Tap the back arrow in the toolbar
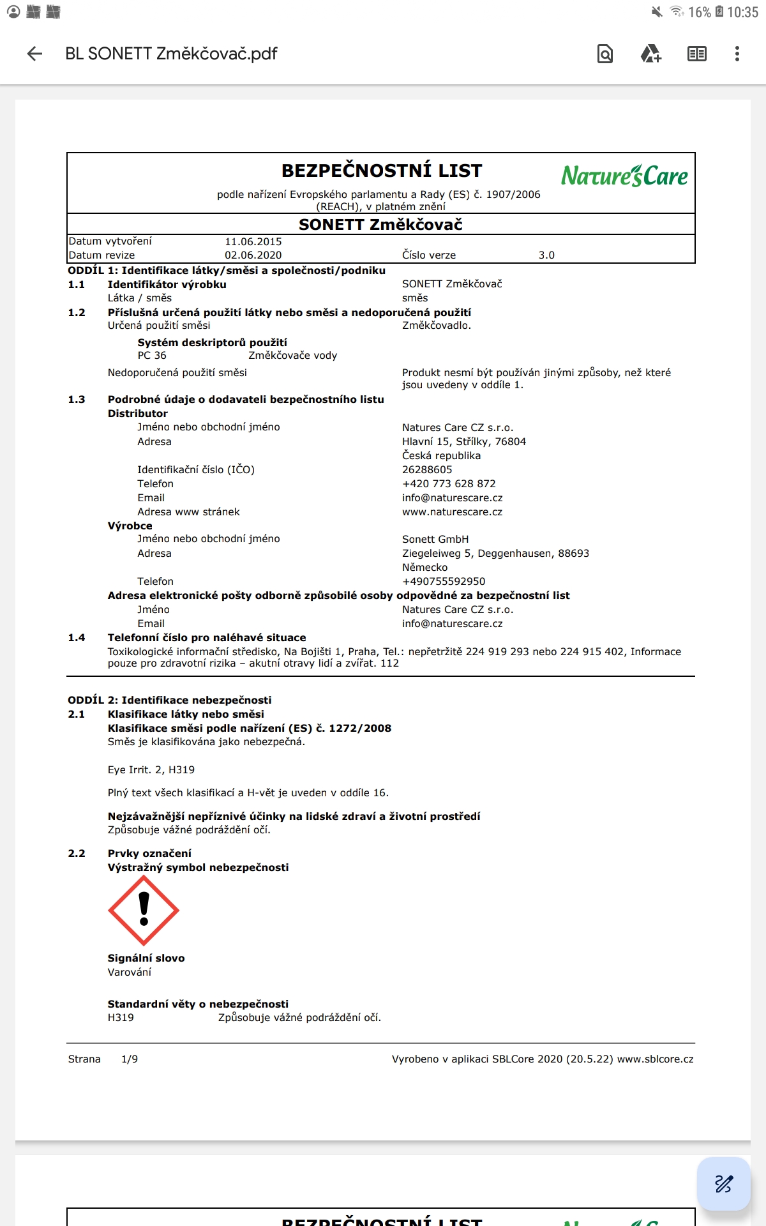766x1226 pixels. click(x=35, y=54)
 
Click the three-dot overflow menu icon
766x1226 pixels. click(x=737, y=54)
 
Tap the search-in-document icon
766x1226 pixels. click(x=605, y=54)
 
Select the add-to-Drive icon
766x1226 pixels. click(x=650, y=54)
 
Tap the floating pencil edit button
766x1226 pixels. click(x=723, y=1183)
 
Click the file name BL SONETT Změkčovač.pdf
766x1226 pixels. click(x=171, y=54)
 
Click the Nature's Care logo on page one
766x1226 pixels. click(x=624, y=176)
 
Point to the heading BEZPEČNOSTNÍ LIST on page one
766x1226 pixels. click(x=382, y=170)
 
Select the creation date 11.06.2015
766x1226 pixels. click(x=253, y=241)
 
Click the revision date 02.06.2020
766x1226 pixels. click(x=253, y=255)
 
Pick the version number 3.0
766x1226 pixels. click(x=546, y=255)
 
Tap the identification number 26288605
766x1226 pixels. click(x=427, y=469)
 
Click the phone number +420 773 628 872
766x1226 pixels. click(x=449, y=483)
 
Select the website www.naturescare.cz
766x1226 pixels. click(x=452, y=511)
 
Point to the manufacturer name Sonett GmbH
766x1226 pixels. click(x=435, y=539)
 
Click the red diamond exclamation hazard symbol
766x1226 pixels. click(x=144, y=910)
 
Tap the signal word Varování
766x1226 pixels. click(x=130, y=972)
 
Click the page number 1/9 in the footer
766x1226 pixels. click(x=130, y=1059)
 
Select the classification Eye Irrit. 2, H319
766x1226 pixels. click(x=151, y=769)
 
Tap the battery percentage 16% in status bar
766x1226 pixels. click(x=699, y=12)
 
